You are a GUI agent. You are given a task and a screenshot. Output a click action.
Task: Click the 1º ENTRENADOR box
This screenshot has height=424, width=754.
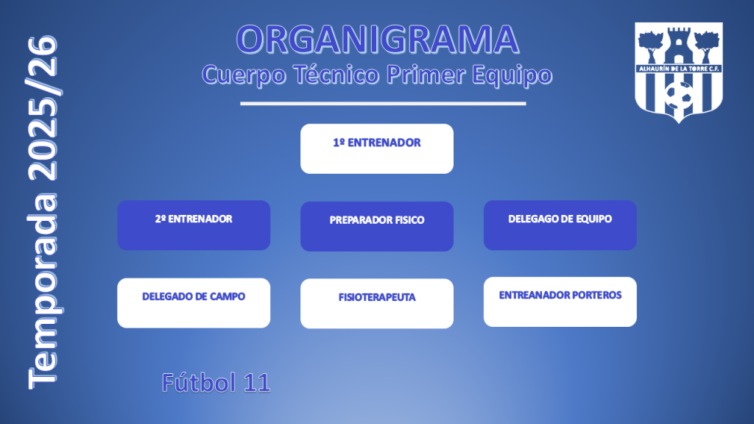(377, 149)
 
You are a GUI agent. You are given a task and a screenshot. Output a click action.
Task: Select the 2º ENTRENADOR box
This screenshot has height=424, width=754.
(194, 225)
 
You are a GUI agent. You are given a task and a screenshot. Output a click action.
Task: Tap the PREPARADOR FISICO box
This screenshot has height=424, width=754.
(377, 227)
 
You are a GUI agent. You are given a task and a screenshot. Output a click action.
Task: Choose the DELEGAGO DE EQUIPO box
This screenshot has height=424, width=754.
(560, 225)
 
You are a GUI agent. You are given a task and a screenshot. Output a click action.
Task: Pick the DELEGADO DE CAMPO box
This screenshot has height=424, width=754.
(194, 303)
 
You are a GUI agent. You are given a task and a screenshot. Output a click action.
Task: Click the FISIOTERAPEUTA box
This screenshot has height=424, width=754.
(377, 304)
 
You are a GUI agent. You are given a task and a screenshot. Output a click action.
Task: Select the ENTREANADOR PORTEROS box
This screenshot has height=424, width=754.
(560, 302)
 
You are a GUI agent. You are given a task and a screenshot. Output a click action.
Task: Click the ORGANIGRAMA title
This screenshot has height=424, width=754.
(378, 40)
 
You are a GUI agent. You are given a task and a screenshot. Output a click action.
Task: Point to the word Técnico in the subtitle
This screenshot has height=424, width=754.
(336, 74)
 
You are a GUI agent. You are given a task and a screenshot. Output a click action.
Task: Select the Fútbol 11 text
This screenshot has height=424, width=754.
(216, 383)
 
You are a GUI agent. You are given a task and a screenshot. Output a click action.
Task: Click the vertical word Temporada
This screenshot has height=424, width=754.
(43, 291)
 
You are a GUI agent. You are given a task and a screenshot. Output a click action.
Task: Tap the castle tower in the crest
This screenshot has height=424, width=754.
(678, 46)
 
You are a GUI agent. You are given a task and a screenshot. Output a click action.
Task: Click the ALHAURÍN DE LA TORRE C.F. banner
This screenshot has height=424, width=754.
(678, 68)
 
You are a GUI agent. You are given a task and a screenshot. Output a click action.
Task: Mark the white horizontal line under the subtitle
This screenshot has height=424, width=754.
(383, 103)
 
